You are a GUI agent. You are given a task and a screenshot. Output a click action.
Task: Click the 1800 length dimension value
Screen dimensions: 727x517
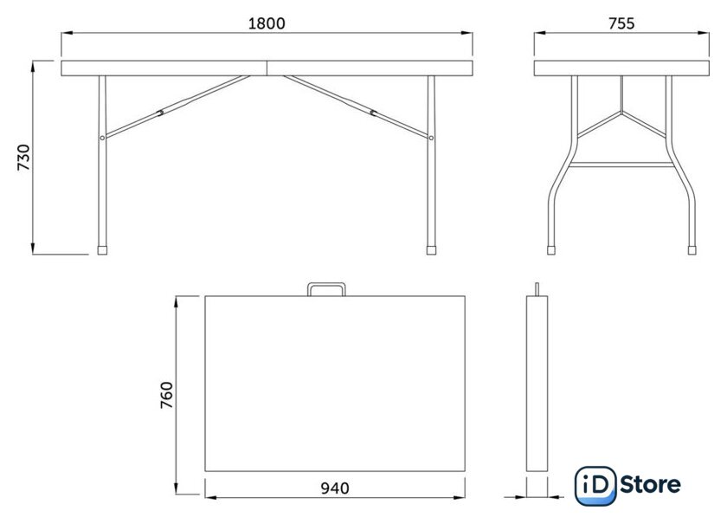point(267,23)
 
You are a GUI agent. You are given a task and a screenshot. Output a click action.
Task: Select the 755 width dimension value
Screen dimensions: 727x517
point(621,23)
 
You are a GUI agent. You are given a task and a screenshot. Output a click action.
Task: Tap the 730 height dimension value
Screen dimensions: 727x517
point(23,158)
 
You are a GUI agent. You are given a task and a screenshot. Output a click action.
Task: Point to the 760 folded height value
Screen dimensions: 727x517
point(166,395)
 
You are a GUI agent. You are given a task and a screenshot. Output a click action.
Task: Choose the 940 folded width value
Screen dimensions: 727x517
point(335,488)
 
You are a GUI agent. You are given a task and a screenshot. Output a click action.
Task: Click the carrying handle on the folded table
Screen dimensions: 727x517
point(327,284)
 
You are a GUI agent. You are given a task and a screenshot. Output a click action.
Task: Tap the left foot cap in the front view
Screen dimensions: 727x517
point(102,250)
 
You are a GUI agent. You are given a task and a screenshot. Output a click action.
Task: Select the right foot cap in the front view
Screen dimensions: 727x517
point(431,250)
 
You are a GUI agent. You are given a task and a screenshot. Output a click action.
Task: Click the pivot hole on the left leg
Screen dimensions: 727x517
point(102,138)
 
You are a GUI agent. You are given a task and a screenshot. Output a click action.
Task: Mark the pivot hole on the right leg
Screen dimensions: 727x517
point(431,138)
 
